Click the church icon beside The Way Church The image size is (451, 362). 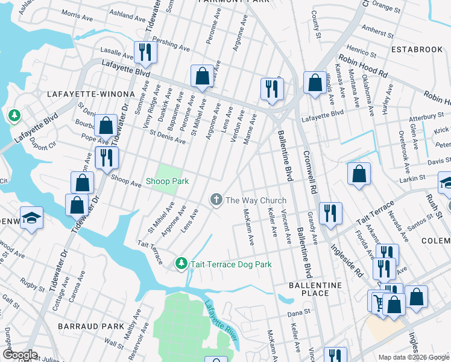click(x=216, y=200)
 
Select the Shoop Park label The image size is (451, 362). click(x=167, y=181)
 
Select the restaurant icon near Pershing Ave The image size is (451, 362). click(x=145, y=52)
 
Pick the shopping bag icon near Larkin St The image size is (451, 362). click(x=359, y=174)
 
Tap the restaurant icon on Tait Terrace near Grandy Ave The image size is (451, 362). click(x=330, y=212)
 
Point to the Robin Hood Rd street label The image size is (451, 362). click(x=362, y=64)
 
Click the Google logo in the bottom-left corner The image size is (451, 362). click(x=20, y=355)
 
